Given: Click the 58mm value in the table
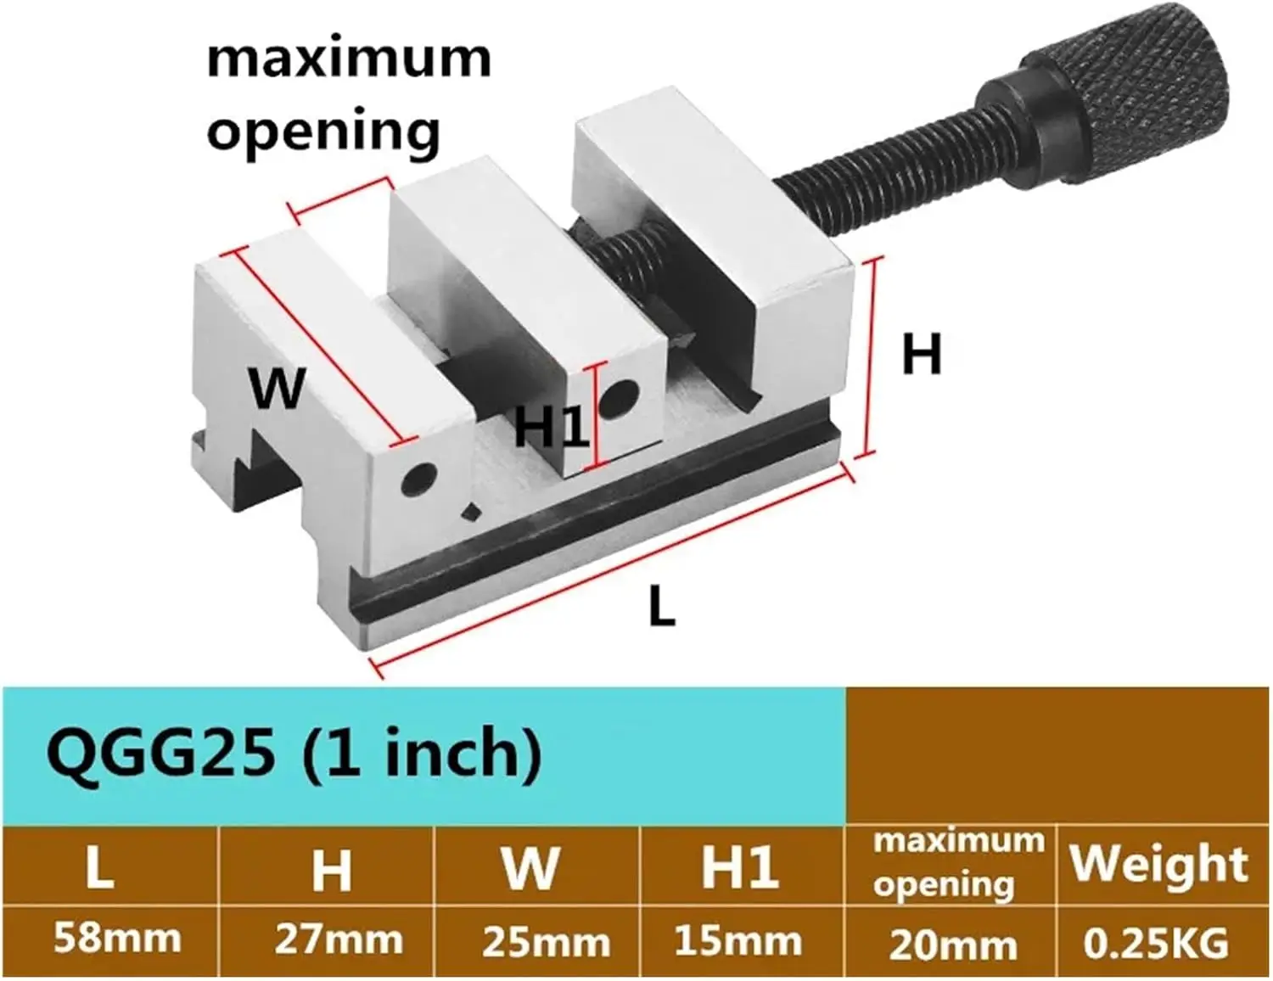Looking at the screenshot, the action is coord(117,939).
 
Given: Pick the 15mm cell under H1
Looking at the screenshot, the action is coord(737,940).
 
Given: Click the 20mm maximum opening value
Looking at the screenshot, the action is coord(952,944).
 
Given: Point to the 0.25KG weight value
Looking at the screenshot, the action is coord(1156,944).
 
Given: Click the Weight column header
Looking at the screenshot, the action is coord(1158,865).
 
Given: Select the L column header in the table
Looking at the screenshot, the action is coord(100,868).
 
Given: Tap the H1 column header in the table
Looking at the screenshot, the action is coord(739,868).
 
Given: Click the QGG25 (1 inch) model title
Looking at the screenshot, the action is coord(294,753).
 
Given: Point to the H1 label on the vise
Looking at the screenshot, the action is coord(551,425).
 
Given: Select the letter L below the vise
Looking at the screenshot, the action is coord(662,607).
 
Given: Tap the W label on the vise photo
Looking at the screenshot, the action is coord(277,388).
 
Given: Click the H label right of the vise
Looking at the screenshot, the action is coord(922,354).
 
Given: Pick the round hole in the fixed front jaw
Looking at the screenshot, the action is coord(417,480).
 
